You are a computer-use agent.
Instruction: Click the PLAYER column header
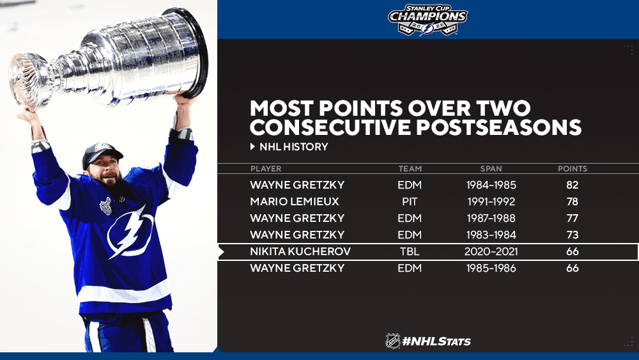point(266,168)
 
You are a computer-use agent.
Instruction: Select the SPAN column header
point(491,168)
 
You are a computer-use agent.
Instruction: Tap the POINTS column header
point(573,168)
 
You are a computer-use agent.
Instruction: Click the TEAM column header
point(410,168)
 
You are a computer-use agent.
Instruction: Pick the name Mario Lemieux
point(295,201)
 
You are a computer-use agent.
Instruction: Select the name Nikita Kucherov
point(300,251)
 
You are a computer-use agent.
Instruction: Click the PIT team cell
point(410,201)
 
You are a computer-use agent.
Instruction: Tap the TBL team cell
point(410,251)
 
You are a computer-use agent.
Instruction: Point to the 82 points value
point(573,185)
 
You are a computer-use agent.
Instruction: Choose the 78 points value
point(573,201)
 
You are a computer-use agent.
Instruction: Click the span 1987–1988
point(491,218)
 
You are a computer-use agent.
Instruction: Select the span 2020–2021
point(491,251)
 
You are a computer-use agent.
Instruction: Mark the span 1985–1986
point(491,268)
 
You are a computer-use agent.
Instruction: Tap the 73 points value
point(573,235)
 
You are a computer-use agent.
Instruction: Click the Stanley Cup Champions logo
point(427,20)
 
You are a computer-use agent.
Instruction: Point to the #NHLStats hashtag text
point(436,341)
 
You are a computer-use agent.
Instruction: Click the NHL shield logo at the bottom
point(393,341)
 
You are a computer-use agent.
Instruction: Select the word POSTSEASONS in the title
point(499,127)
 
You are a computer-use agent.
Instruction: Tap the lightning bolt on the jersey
point(130,232)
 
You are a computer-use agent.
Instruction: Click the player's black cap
point(102,153)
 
